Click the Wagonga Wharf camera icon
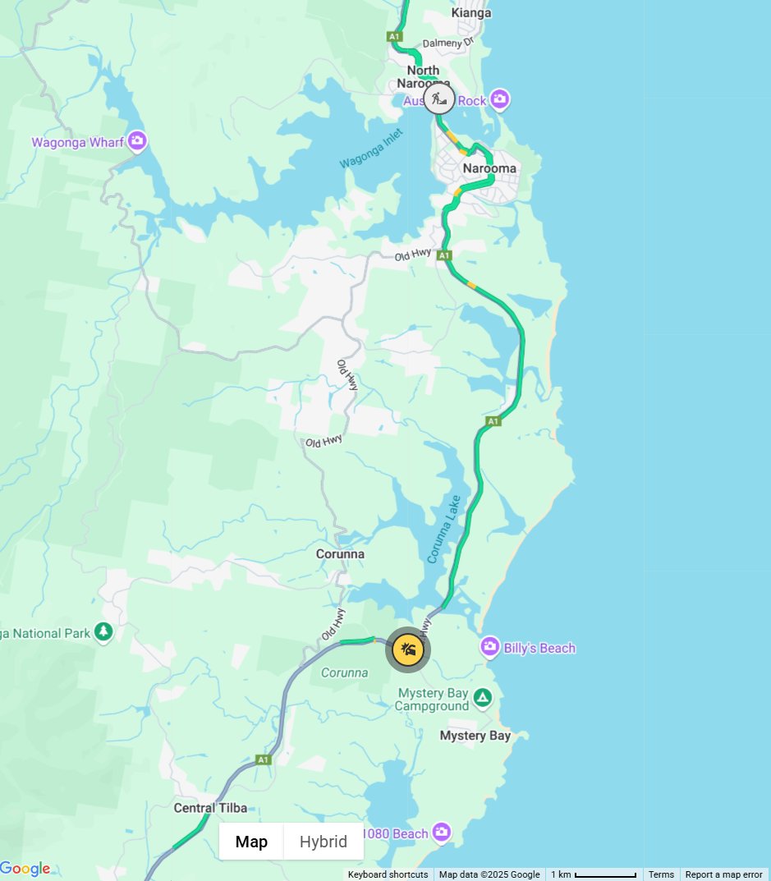pos(137,142)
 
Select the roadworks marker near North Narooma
pos(439,100)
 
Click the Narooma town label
pos(489,168)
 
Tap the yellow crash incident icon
pos(408,650)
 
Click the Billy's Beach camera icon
pos(490,648)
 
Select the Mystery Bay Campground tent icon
pos(483,699)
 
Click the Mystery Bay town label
pos(475,735)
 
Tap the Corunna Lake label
pos(444,529)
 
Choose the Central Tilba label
pos(210,808)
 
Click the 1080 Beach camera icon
pos(442,833)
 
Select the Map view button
pos(251,842)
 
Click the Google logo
pos(25,869)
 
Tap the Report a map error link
pos(723,874)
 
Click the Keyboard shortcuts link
pos(388,874)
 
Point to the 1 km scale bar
pos(594,874)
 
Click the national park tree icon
pos(103,632)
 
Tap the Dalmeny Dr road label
pos(447,43)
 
